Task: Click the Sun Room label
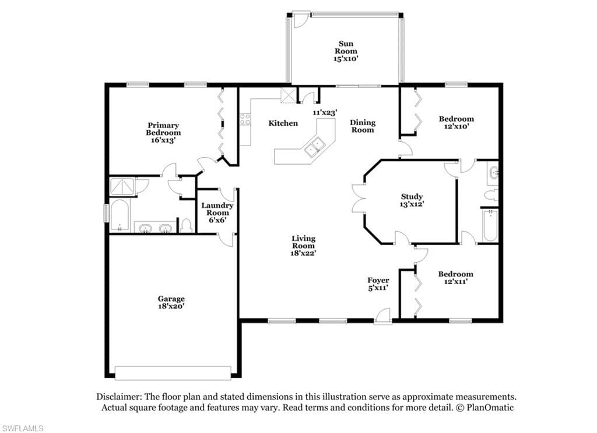tap(346, 51)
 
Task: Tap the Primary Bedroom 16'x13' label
tap(163, 132)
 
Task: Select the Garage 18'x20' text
tap(171, 302)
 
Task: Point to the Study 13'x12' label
tap(412, 200)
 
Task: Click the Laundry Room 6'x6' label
tap(217, 212)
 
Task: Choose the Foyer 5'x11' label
tap(378, 283)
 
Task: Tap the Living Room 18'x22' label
tap(303, 246)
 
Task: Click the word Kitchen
tap(283, 123)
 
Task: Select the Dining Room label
tap(363, 126)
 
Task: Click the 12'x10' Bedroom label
tap(456, 122)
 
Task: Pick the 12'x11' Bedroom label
tap(456, 278)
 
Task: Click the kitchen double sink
tap(314, 147)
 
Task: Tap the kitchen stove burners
tap(245, 119)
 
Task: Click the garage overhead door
tap(173, 373)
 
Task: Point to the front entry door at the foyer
tap(383, 317)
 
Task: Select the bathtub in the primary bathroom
tap(120, 215)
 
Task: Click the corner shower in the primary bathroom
tap(122, 186)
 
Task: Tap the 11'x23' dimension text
tap(325, 112)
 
